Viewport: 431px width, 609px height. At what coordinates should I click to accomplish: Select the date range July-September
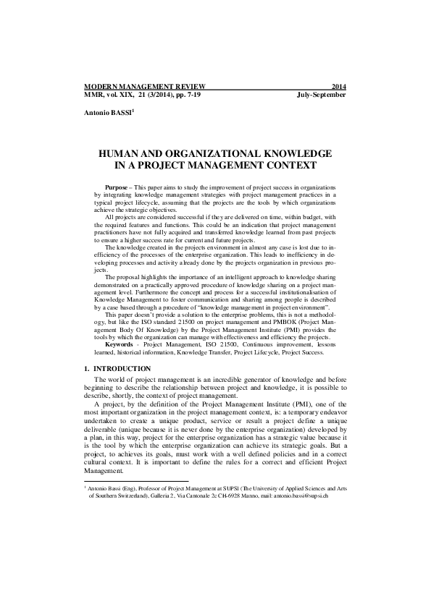coord(322,95)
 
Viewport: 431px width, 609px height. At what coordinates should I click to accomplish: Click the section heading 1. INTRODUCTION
coord(117,369)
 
